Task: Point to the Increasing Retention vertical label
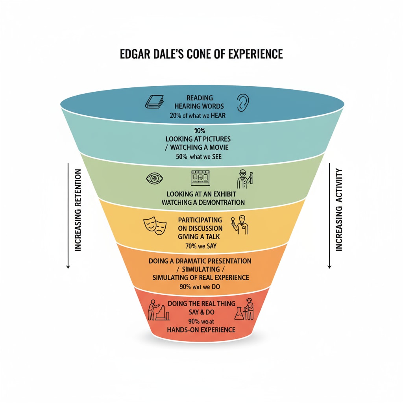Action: tap(78, 210)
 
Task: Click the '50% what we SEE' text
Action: tap(200, 157)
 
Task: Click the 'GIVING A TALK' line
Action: tap(200, 237)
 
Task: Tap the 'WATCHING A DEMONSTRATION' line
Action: tap(203, 202)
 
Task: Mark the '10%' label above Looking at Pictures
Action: tap(200, 130)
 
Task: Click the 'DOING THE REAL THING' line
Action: tap(201, 304)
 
